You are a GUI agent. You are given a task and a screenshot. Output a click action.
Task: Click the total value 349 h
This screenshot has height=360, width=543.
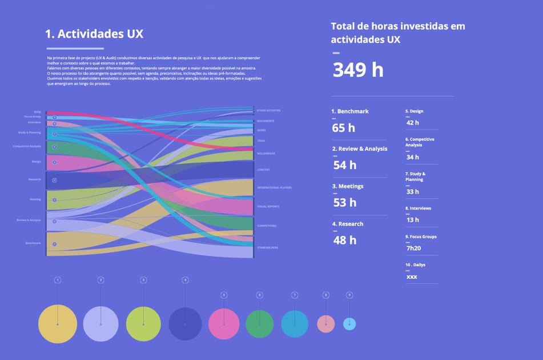(358, 70)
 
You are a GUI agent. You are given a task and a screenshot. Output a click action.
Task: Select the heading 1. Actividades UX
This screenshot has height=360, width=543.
(94, 34)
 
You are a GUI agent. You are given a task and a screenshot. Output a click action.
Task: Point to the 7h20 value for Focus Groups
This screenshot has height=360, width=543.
(414, 248)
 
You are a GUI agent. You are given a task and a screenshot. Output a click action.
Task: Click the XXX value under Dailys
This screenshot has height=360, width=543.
(412, 277)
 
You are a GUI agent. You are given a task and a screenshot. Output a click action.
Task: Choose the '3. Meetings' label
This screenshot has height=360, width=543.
(347, 186)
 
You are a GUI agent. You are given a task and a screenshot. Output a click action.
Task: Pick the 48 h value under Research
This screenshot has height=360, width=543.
(344, 240)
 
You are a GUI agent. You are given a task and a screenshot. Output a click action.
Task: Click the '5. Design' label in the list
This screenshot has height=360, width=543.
(415, 111)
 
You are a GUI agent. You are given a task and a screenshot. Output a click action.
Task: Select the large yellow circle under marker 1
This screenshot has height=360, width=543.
(58, 324)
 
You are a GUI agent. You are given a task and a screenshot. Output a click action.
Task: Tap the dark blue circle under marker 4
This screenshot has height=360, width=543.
(185, 324)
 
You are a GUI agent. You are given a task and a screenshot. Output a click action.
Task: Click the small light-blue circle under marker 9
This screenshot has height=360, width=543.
(349, 324)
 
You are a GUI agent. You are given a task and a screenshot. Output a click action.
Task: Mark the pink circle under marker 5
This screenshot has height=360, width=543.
(224, 324)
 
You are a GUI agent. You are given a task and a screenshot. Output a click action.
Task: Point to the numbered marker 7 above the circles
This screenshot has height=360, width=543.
(295, 295)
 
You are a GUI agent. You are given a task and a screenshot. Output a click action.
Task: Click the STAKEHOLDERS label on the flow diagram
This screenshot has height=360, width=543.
(268, 247)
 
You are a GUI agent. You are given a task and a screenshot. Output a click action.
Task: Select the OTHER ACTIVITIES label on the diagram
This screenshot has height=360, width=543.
(268, 110)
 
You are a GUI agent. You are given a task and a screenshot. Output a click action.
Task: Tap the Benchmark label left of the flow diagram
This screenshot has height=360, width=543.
(33, 243)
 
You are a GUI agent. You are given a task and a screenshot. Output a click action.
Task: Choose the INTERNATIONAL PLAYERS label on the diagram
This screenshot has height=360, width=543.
(274, 187)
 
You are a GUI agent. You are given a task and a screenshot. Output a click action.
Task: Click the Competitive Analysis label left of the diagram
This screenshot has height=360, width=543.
(27, 146)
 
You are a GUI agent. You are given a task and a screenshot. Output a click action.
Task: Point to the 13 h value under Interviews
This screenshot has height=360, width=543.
(413, 220)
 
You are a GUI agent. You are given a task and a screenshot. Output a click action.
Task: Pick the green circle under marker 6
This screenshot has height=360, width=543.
(260, 324)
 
